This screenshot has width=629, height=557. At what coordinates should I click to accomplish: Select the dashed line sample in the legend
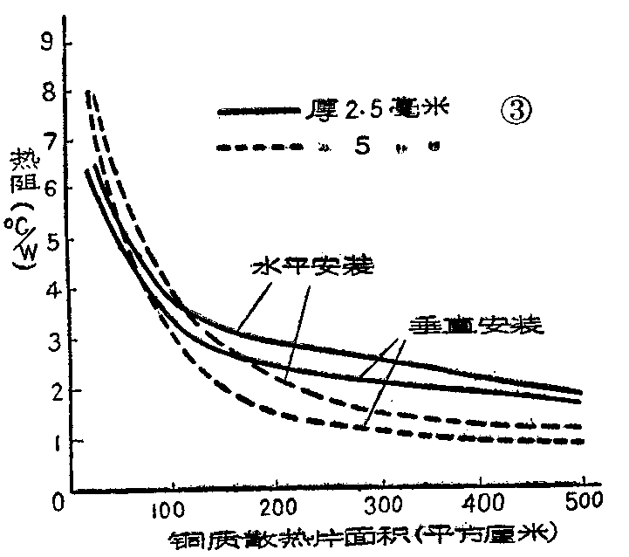click(257, 148)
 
